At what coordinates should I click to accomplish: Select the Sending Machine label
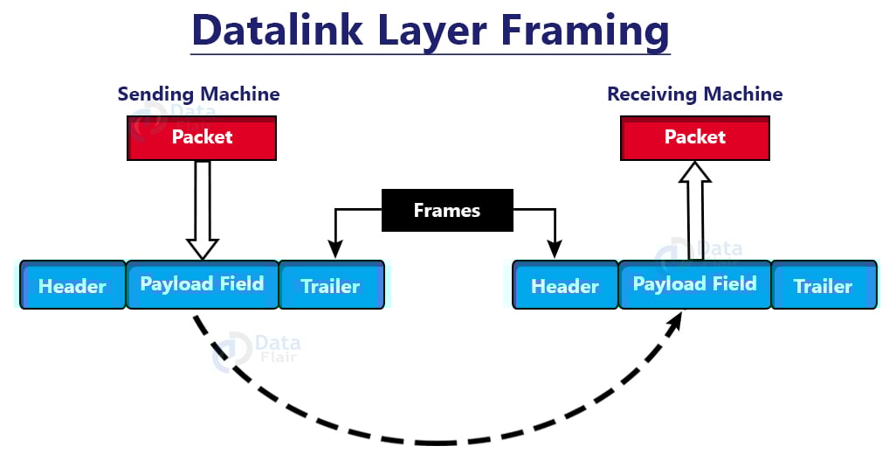(x=199, y=94)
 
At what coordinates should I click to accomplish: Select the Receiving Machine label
(x=695, y=94)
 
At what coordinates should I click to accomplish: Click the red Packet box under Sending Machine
(x=202, y=138)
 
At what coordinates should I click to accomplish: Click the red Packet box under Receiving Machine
(x=695, y=138)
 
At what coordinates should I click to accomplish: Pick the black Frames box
(x=446, y=211)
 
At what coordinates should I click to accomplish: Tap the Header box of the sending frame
(x=72, y=285)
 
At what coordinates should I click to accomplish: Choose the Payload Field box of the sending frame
(x=202, y=284)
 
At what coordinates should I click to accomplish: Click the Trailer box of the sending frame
(x=331, y=285)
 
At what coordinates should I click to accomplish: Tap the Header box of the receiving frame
(x=565, y=285)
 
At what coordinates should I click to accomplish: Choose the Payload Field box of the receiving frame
(x=694, y=284)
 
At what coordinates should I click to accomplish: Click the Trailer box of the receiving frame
(x=823, y=285)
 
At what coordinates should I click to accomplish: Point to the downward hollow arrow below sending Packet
(x=203, y=210)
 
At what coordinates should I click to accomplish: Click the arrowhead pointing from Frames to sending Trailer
(x=332, y=251)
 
